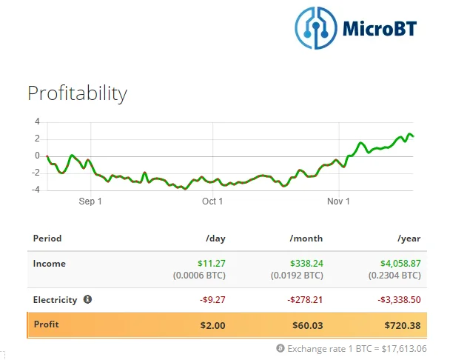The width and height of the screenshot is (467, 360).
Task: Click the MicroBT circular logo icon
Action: pos(317,27)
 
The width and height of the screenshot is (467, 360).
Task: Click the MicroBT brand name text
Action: pos(380,28)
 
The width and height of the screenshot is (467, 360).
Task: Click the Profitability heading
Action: pos(77,93)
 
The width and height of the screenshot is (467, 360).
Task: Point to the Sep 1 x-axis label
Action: pos(90,201)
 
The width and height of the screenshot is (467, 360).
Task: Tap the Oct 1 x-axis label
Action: pos(212,201)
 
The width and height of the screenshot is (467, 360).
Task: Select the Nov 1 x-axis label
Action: pos(337,201)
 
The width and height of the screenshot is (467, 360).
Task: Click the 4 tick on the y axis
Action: pos(37,121)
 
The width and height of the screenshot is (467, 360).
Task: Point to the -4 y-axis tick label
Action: pos(36,190)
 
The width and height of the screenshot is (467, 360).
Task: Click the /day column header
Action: pos(215,239)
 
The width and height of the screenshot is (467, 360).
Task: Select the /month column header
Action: pos(306,239)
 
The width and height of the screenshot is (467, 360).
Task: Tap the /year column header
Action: pos(409,239)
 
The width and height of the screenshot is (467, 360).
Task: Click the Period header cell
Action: pos(47,239)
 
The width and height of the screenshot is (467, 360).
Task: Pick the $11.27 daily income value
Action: pos(212,263)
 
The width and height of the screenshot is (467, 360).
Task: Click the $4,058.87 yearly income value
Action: pos(400,263)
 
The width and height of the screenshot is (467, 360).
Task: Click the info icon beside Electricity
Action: pos(87,299)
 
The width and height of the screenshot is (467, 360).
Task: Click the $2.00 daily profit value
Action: pos(212,324)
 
